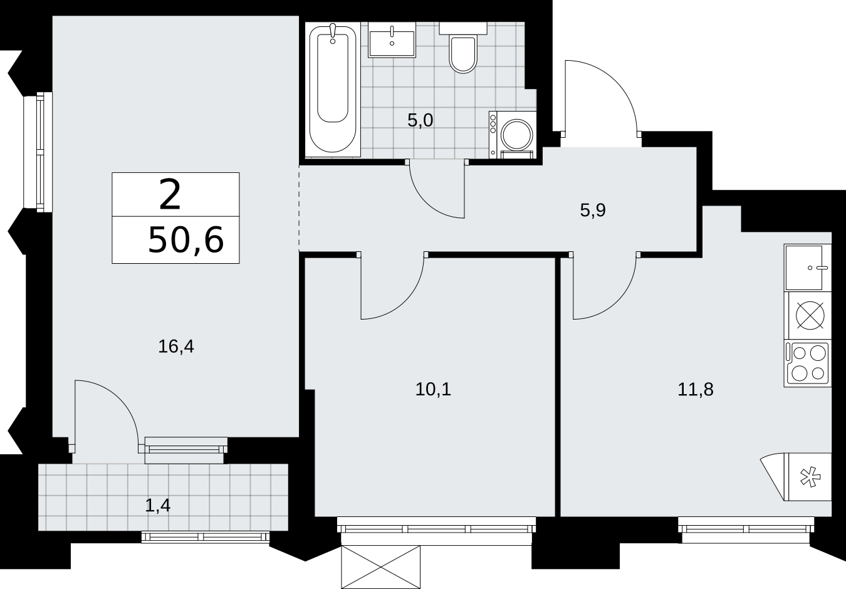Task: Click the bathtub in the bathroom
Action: (x=332, y=90)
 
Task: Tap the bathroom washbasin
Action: (x=392, y=39)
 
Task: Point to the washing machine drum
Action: (x=516, y=135)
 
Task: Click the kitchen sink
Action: (x=808, y=268)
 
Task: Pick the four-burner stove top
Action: (x=808, y=363)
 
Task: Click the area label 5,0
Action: (x=420, y=121)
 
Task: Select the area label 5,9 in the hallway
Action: (x=593, y=211)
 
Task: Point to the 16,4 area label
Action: (x=176, y=347)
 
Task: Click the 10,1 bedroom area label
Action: (x=433, y=389)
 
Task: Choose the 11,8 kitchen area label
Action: (x=696, y=389)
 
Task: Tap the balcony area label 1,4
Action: (x=157, y=506)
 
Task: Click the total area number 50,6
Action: (x=186, y=240)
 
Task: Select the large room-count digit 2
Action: (x=170, y=195)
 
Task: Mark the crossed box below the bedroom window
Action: (x=380, y=566)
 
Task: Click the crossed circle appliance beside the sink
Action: (x=810, y=316)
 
